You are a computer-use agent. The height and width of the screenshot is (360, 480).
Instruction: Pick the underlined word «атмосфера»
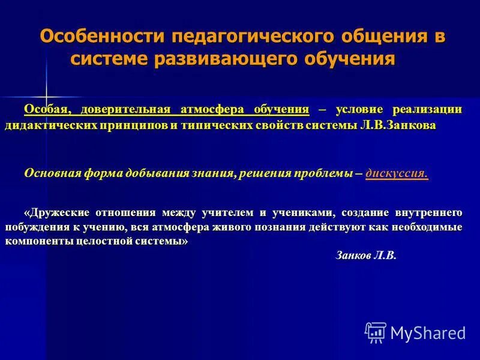tap(209, 110)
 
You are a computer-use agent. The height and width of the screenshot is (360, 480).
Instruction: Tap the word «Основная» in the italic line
tap(53, 173)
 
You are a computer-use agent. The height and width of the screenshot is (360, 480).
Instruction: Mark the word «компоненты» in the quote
tap(35, 241)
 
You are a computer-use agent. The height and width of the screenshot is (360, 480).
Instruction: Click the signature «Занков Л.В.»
tap(365, 255)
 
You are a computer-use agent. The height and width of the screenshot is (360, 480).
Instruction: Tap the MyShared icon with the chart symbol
tap(376, 332)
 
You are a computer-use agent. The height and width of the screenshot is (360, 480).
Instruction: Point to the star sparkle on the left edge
tap(46, 97)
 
